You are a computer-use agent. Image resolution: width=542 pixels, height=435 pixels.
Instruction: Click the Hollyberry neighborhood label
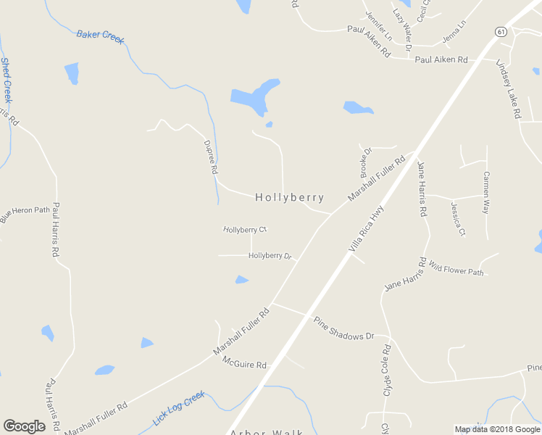(x=289, y=197)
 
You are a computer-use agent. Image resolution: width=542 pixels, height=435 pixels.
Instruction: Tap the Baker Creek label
(x=100, y=35)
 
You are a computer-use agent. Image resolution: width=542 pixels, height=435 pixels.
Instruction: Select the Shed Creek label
(x=6, y=80)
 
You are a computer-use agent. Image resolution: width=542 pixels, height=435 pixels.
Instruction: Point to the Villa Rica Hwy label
(x=366, y=228)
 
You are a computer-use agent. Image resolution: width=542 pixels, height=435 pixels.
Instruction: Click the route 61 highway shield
(x=500, y=31)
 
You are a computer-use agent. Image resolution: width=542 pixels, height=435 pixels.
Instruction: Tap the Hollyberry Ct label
(x=245, y=230)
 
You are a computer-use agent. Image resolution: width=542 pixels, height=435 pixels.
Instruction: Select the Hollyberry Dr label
(x=270, y=256)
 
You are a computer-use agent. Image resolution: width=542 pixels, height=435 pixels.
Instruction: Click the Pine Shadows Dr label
(x=343, y=327)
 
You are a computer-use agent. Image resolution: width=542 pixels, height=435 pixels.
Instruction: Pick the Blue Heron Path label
(x=25, y=215)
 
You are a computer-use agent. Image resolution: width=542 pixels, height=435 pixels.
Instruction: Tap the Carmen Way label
(x=486, y=192)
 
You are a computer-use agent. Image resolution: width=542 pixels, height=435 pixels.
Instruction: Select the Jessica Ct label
(x=458, y=219)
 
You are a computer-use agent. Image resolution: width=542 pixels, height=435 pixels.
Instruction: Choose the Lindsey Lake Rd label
(x=509, y=89)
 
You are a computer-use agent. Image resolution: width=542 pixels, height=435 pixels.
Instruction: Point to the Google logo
(x=24, y=426)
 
